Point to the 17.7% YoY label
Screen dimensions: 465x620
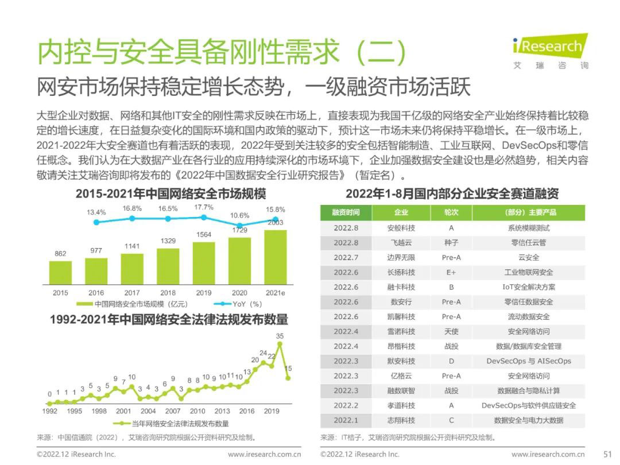pyautogui.click(x=204, y=207)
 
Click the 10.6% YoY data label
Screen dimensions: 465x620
pyautogui.click(x=239, y=215)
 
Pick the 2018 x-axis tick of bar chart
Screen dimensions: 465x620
pyautogui.click(x=168, y=293)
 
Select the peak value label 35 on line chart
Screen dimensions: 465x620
pyautogui.click(x=280, y=336)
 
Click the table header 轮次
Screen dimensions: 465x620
pyautogui.click(x=451, y=212)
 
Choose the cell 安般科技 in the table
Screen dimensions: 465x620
pyautogui.click(x=401, y=228)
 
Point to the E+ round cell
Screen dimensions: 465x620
pyautogui.click(x=451, y=272)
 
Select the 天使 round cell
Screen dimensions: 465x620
pyautogui.click(x=451, y=331)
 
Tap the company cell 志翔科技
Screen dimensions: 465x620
pyautogui.click(x=401, y=420)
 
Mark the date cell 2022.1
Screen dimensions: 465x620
pyautogui.click(x=346, y=420)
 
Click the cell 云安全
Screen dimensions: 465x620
pyautogui.click(x=529, y=258)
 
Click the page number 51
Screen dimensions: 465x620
pyautogui.click(x=605, y=454)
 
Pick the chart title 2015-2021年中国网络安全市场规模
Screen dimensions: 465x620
pyautogui.click(x=171, y=193)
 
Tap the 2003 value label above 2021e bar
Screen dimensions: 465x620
pyautogui.click(x=276, y=223)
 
